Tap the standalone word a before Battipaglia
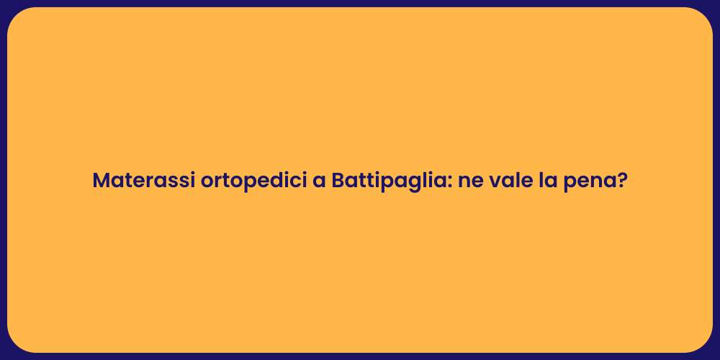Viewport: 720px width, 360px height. (x=319, y=181)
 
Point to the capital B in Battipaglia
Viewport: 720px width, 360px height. (x=338, y=180)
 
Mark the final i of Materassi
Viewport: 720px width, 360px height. (x=193, y=180)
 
